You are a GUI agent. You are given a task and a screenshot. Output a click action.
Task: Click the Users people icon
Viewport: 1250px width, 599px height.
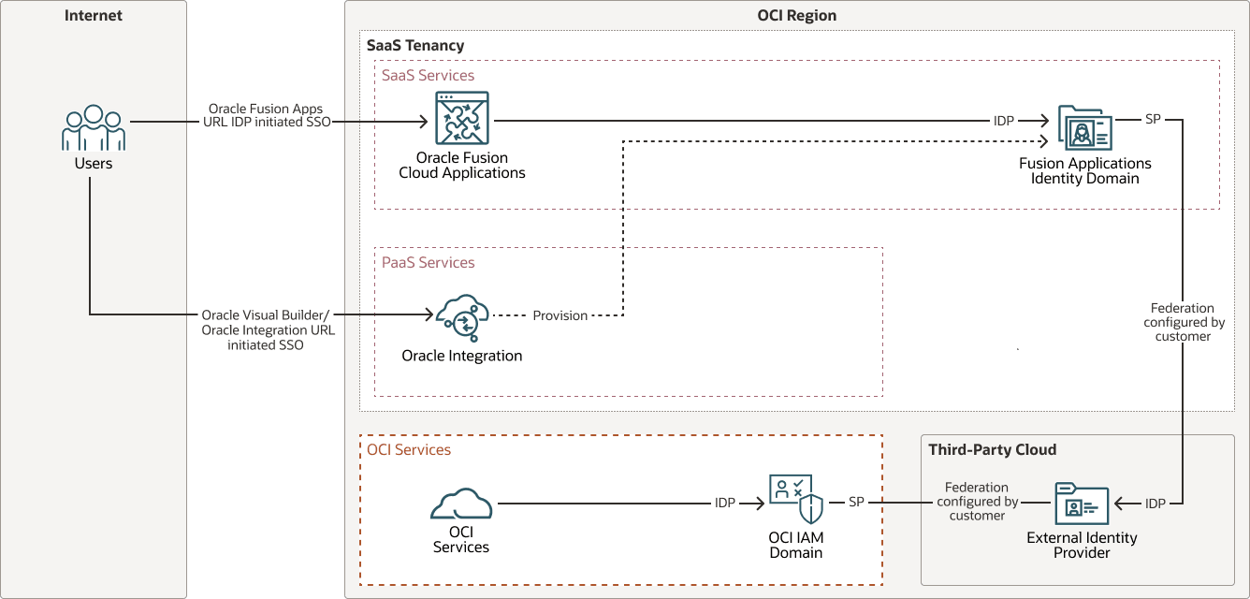coord(94,128)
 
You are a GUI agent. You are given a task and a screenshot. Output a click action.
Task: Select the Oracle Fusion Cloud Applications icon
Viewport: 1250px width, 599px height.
coord(462,118)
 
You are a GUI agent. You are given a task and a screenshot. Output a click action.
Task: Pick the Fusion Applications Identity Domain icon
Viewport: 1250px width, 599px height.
coord(1085,127)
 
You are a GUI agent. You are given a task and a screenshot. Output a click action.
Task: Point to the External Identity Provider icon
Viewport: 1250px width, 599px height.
coord(1082,505)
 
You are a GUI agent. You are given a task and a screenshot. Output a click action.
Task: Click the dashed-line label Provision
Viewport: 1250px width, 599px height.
coord(560,316)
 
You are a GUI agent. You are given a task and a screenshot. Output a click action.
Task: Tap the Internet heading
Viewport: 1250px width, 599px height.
coord(94,16)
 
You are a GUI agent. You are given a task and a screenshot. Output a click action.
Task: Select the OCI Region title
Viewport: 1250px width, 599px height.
coord(797,16)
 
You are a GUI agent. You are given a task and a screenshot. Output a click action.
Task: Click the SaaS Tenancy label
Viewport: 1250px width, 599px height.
coord(415,46)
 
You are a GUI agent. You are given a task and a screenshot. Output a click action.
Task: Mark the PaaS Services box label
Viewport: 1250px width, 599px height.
coord(429,263)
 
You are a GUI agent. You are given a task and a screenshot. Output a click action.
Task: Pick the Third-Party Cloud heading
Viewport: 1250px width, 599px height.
coord(993,450)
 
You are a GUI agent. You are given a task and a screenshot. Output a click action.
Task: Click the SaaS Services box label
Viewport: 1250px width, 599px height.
coord(428,76)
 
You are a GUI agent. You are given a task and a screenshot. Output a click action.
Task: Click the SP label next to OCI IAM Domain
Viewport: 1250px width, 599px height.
coord(856,504)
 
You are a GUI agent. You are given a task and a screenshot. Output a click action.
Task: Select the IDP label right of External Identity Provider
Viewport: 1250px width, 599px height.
coord(1156,504)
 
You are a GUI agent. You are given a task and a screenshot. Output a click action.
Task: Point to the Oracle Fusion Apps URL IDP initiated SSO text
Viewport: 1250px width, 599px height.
coord(268,115)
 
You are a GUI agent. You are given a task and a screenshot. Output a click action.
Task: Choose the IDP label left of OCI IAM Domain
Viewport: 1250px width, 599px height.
coord(725,504)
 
